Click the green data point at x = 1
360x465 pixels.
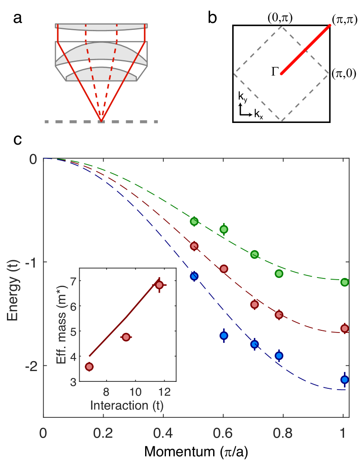pos(344,282)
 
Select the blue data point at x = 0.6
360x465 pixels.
pos(224,335)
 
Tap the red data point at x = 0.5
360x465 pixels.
pos(194,246)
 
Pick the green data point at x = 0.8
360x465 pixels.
pos(279,274)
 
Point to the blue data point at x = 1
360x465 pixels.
pos(344,380)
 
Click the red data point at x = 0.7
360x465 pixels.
pos(254,304)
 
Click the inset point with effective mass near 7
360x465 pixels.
pos(159,285)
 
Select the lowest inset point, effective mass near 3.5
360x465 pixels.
pos(89,367)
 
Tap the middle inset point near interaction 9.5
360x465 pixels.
pos(126,337)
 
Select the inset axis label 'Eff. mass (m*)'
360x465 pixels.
pos(62,324)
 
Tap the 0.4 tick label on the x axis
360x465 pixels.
pos(163,433)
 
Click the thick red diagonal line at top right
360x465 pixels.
pos(305,49)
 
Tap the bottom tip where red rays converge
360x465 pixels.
pos(101,120)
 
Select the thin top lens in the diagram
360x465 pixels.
pos(101,27)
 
